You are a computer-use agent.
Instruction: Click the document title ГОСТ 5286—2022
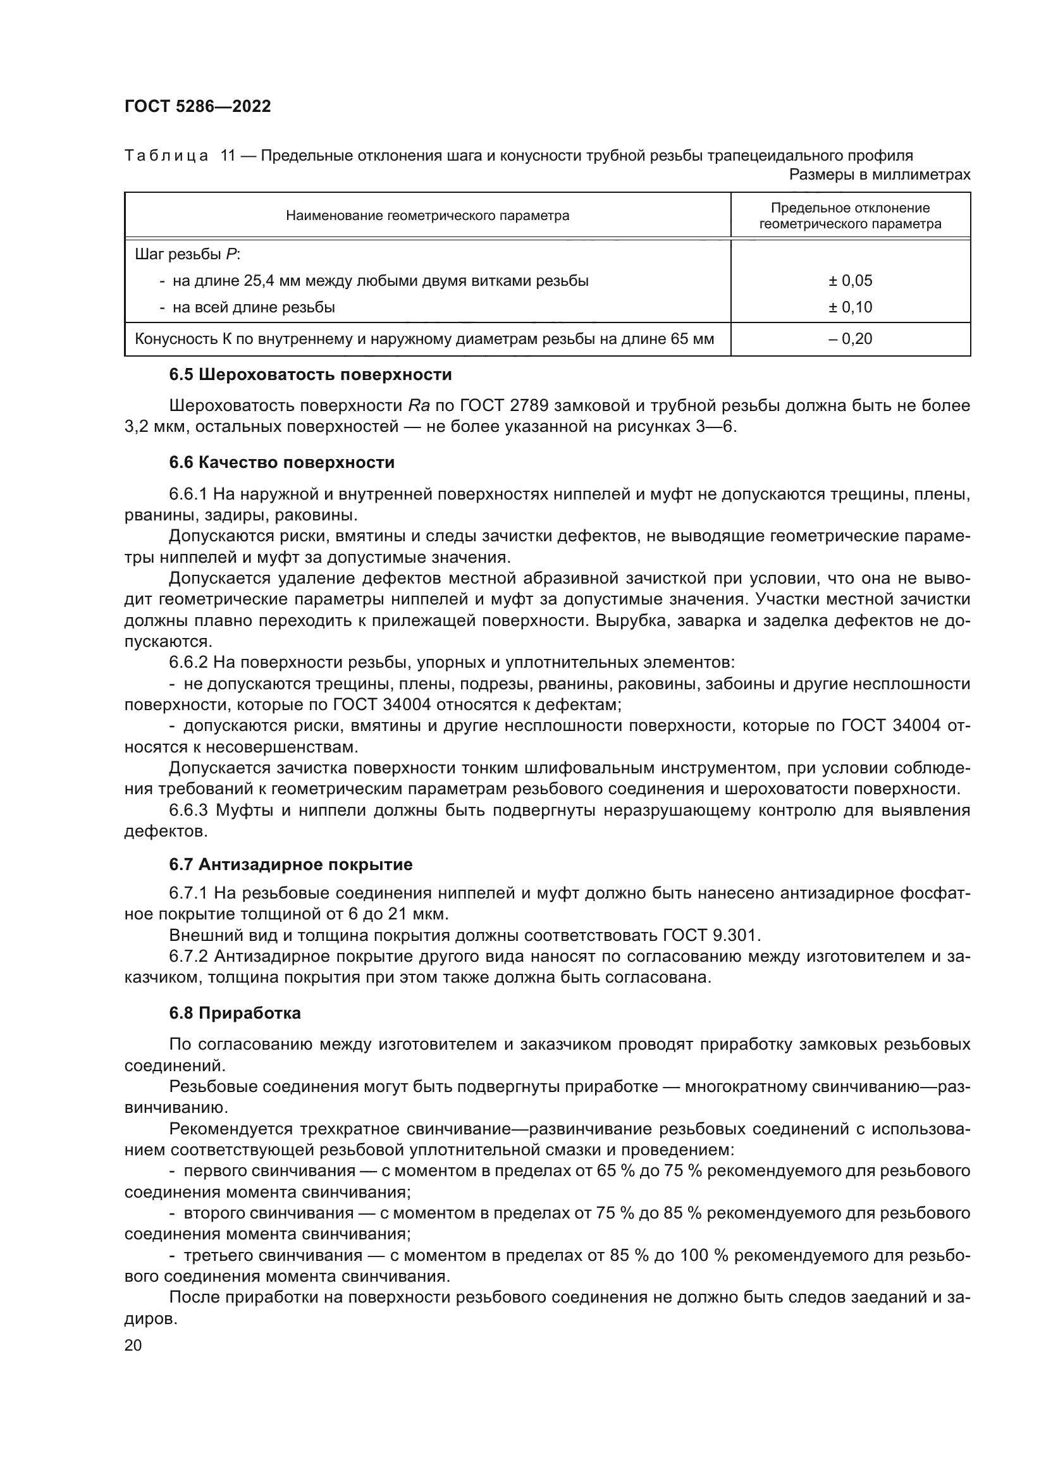click(x=198, y=107)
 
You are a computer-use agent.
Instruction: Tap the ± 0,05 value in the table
click(x=850, y=281)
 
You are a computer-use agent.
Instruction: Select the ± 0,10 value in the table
click(x=850, y=307)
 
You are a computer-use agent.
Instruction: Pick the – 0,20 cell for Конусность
click(x=850, y=339)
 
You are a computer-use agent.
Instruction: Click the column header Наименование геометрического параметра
click(x=427, y=216)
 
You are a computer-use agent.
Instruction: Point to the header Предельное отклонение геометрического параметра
click(x=850, y=216)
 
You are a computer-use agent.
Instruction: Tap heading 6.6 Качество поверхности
click(x=281, y=462)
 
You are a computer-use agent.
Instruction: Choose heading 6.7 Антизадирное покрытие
click(x=290, y=864)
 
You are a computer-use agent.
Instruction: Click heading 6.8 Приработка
click(x=235, y=1013)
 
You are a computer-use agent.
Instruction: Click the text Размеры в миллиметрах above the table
click(x=879, y=175)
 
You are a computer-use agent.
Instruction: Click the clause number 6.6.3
click(x=188, y=811)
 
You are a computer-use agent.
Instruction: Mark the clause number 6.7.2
click(x=188, y=957)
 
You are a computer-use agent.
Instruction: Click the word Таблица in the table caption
click(x=166, y=156)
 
